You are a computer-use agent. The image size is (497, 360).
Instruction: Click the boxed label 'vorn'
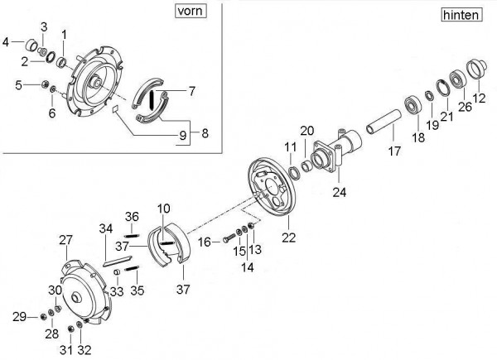pyautogui.click(x=191, y=11)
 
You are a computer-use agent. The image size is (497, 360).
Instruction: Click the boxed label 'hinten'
pyautogui.click(x=461, y=15)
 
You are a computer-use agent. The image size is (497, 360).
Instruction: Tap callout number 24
pyautogui.click(x=340, y=192)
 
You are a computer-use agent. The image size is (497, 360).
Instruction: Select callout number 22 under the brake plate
pyautogui.click(x=288, y=238)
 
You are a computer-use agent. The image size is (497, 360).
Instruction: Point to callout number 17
pyautogui.click(x=394, y=151)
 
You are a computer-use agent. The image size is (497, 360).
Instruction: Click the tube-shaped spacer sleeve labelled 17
pyautogui.click(x=384, y=122)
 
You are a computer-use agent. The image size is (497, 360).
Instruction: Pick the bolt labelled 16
pyautogui.click(x=229, y=238)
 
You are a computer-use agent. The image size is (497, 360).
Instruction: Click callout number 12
pyautogui.click(x=479, y=98)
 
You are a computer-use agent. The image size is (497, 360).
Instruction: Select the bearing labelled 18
pyautogui.click(x=413, y=105)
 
